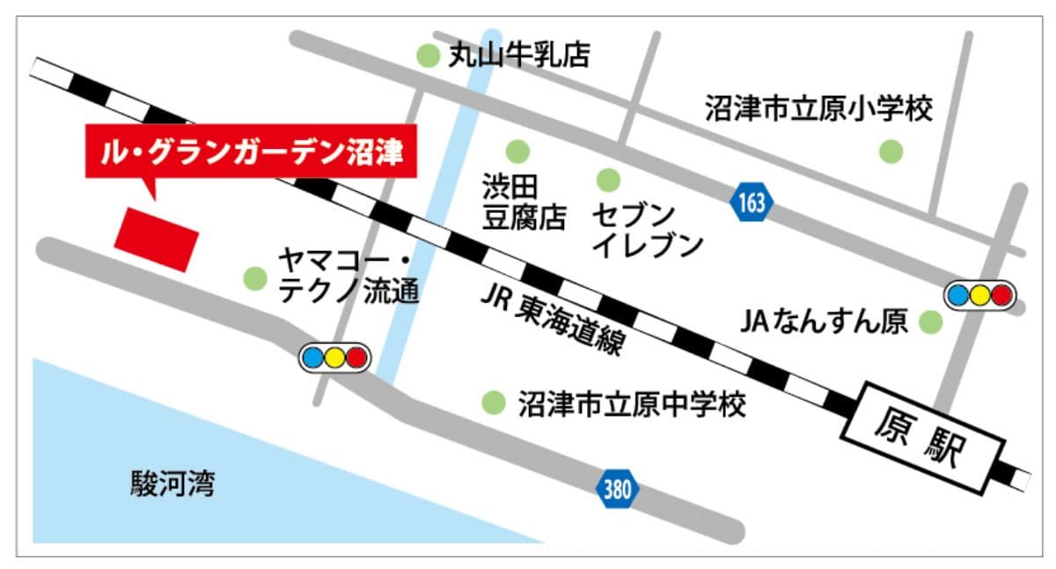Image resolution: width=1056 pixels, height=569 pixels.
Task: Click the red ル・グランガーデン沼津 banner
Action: [250, 154]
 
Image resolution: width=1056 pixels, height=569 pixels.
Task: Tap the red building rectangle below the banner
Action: [158, 239]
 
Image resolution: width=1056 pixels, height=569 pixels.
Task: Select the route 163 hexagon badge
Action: [752, 203]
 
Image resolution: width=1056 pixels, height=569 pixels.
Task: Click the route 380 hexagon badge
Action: [617, 489]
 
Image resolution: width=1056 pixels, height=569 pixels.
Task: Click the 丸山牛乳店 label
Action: [519, 56]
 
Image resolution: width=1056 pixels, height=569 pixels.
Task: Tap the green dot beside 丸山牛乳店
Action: [428, 56]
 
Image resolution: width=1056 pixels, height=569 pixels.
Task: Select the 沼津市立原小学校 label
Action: [818, 108]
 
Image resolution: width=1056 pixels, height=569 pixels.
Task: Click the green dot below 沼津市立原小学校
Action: [891, 151]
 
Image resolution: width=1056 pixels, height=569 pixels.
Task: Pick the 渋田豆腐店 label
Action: [524, 202]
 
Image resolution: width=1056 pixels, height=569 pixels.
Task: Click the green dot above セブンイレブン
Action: [608, 181]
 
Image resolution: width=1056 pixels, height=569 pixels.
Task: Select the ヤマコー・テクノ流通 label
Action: [348, 276]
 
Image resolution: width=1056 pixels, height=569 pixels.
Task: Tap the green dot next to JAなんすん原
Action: [930, 322]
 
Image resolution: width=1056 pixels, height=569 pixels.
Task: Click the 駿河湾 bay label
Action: [172, 483]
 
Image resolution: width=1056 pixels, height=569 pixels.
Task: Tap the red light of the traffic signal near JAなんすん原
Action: [1001, 295]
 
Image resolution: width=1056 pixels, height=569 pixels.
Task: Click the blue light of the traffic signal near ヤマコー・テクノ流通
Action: [313, 358]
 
